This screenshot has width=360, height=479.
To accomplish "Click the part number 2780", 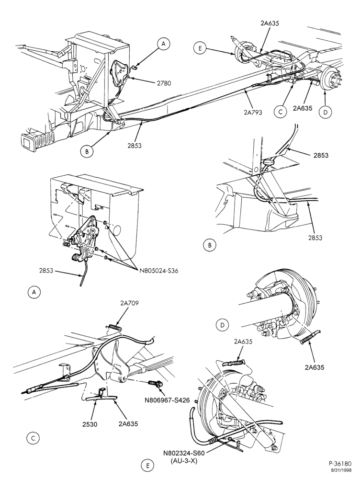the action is click(164, 82).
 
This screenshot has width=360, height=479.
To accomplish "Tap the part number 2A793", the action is click(253, 112).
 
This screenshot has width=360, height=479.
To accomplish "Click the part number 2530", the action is click(90, 424).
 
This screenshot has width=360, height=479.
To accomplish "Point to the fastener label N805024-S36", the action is click(159, 271).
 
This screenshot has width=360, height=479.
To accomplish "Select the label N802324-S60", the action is click(183, 453).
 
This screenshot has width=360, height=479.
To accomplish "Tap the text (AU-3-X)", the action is click(183, 461).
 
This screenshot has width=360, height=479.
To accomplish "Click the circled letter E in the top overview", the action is click(200, 48).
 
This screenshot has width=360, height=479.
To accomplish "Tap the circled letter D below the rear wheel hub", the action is click(325, 113).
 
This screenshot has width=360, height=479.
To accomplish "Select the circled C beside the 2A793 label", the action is click(281, 112).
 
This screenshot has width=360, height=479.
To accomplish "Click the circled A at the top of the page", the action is click(164, 44).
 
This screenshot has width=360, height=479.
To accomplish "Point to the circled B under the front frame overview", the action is click(87, 152).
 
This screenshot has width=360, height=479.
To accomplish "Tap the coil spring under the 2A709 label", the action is click(115, 327).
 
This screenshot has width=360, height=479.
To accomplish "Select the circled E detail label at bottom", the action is click(148, 466).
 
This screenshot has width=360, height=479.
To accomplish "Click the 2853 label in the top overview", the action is click(135, 146).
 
